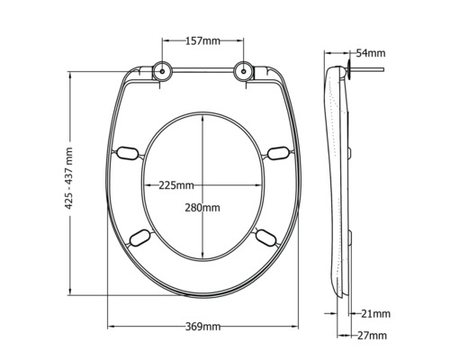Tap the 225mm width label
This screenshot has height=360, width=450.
(175, 185)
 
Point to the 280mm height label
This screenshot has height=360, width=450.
(202, 207)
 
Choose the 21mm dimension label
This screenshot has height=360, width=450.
(375, 313)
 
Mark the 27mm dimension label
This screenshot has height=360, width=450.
(372, 335)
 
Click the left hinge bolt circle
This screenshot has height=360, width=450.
(162, 71)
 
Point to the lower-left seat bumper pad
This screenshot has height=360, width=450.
(140, 238)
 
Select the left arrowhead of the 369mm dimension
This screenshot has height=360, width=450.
(112, 325)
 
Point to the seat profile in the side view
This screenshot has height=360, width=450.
(337, 180)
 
